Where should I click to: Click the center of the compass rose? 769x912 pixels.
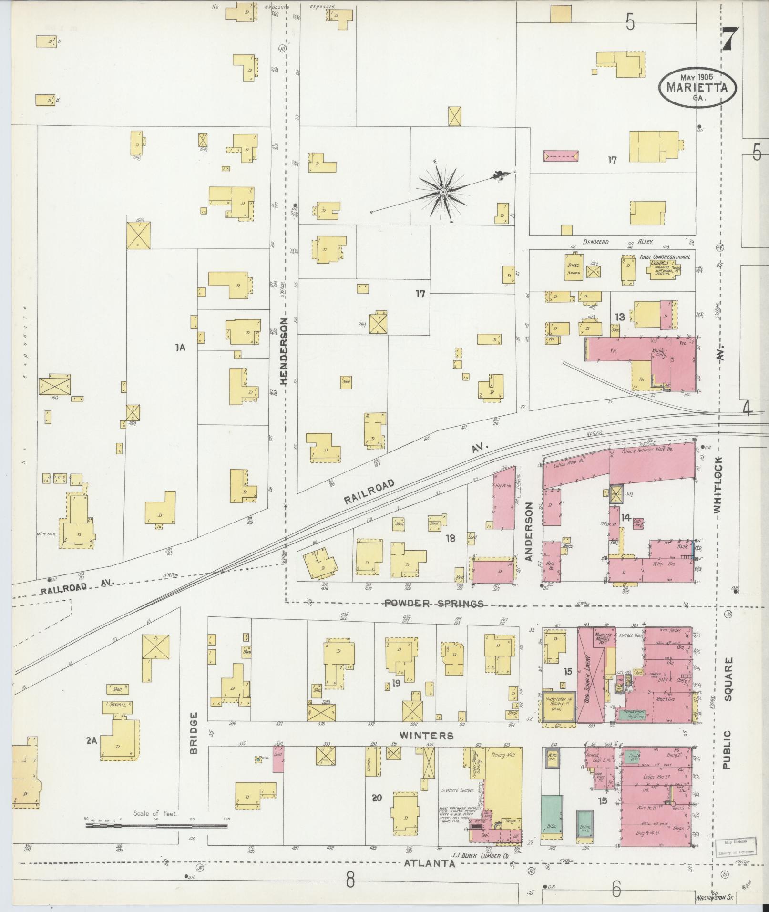tap(443, 192)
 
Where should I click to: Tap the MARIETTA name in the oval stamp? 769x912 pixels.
tap(697, 88)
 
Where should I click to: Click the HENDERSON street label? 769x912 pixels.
tap(285, 351)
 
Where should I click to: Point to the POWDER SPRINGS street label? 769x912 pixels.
tap(434, 604)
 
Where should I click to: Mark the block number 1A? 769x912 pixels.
tap(180, 348)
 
